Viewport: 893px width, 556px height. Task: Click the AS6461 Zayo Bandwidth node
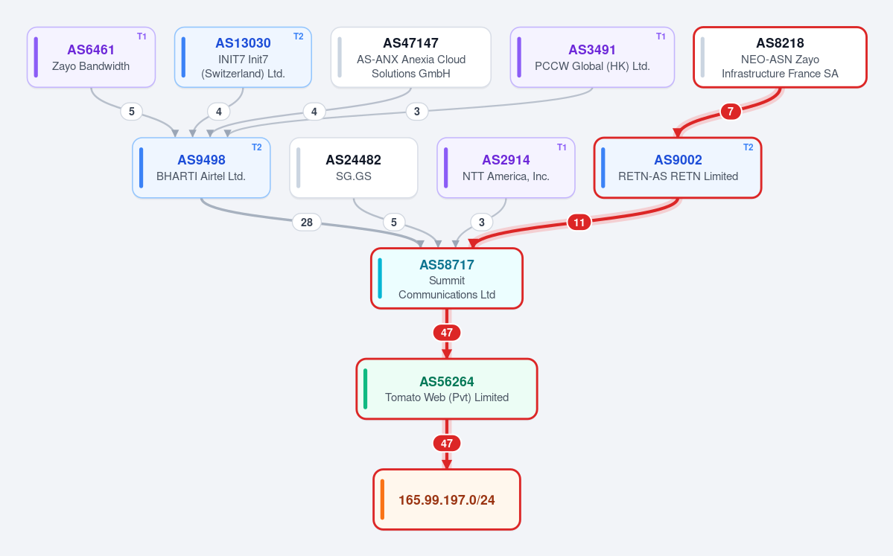pyautogui.click(x=91, y=57)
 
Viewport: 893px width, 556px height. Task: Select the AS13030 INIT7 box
pyautogui.click(x=244, y=57)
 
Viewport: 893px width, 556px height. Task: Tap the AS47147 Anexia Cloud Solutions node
pyautogui.click(x=410, y=57)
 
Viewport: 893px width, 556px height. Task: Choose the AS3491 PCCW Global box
pyautogui.click(x=592, y=57)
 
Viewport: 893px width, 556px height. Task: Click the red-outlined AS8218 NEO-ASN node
pyautogui.click(x=781, y=57)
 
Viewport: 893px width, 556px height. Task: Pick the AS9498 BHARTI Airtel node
pyautogui.click(x=201, y=168)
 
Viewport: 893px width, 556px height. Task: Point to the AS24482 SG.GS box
pyautogui.click(x=354, y=168)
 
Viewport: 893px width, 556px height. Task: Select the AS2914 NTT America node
pyautogui.click(x=506, y=168)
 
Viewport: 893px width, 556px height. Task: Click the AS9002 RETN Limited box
pyautogui.click(x=678, y=168)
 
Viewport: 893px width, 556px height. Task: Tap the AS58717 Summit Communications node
pyautogui.click(x=447, y=278)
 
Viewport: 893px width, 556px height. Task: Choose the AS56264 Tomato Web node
pyautogui.click(x=447, y=389)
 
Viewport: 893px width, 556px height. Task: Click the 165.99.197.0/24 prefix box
pyautogui.click(x=447, y=499)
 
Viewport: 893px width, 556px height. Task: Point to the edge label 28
pyautogui.click(x=306, y=222)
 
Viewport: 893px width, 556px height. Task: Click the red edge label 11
pyautogui.click(x=579, y=222)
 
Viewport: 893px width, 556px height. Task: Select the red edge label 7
pyautogui.click(x=731, y=112)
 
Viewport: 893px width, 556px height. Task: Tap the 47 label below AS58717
pyautogui.click(x=447, y=333)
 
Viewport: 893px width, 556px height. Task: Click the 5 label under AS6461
pyautogui.click(x=132, y=112)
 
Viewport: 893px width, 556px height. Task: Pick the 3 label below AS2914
pyautogui.click(x=482, y=222)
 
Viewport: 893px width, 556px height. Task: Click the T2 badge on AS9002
pyautogui.click(x=749, y=147)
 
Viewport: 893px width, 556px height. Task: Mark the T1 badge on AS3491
pyautogui.click(x=661, y=36)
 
